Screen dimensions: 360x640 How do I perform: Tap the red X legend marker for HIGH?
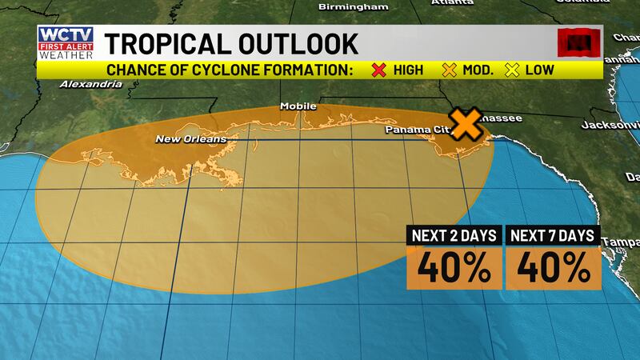pos(379,70)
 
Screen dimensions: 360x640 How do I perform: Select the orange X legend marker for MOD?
pos(449,70)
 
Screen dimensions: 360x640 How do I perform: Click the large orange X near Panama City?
pos(466,122)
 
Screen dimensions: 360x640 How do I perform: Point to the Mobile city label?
pos(298,106)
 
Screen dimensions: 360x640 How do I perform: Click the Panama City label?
pos(414,129)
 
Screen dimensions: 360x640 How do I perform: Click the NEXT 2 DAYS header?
pos(453,236)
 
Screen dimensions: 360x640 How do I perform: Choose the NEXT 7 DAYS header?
pos(552,236)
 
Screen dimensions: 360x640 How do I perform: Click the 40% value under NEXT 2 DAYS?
pos(453,267)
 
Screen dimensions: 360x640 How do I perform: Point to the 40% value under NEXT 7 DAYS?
pos(552,267)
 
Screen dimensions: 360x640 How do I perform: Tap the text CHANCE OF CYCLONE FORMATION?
pos(230,70)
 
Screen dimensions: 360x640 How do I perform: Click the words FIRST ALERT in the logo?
pos(66,48)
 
